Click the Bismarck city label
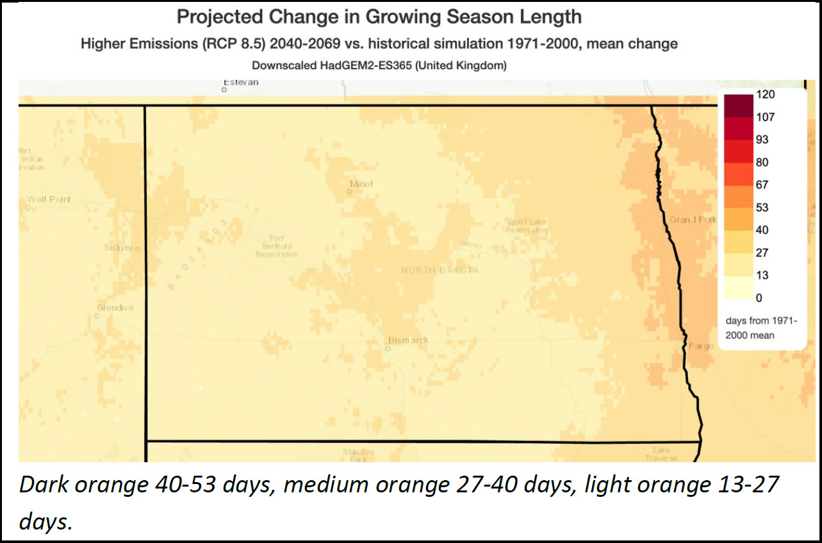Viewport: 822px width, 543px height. click(408, 340)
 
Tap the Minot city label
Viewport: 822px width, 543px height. click(361, 184)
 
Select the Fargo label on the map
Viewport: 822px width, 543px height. click(701, 346)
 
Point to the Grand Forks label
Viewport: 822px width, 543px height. click(693, 220)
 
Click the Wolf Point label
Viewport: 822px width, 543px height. click(49, 199)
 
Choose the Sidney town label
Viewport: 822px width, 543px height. click(119, 247)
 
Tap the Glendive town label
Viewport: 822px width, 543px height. click(115, 308)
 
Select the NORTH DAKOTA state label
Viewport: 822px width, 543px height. click(440, 271)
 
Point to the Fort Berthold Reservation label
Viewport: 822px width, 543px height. click(277, 246)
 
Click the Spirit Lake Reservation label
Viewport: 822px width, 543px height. click(526, 226)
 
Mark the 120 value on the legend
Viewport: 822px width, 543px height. click(765, 95)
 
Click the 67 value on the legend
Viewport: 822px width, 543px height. click(762, 185)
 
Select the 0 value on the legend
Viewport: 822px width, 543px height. click(759, 298)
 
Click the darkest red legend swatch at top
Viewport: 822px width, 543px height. click(738, 106)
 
